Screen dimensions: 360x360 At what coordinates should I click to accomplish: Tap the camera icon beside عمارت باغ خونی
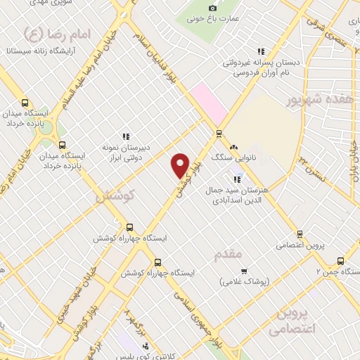click(213, 8)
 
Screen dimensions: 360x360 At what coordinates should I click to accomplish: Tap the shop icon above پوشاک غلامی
click(244, 271)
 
